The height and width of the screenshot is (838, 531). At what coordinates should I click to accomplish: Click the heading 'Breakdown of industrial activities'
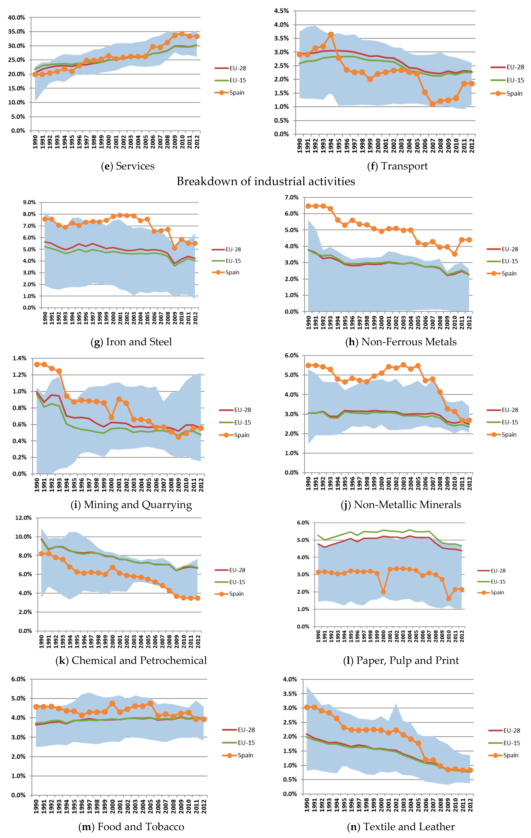pos(266,181)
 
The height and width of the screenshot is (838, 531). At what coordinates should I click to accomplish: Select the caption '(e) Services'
pos(128,166)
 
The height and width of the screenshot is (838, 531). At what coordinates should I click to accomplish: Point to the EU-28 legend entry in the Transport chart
pos(507,67)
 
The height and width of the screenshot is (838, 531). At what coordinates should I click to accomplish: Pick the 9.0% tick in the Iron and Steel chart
pos(29,202)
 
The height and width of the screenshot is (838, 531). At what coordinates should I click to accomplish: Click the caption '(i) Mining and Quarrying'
pos(131,505)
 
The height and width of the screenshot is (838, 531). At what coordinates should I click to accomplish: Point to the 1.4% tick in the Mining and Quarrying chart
pos(19,358)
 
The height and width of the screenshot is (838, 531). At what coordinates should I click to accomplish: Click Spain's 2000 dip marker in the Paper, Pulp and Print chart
pos(383,592)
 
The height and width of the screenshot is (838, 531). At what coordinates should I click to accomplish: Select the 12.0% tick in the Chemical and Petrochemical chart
pos(23,518)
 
